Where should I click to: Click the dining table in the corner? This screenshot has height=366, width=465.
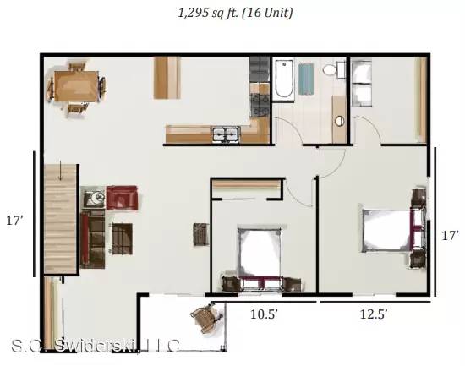point(76,86)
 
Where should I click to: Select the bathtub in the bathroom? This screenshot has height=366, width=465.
point(284,79)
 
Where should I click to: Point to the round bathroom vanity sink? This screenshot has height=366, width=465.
point(339,121)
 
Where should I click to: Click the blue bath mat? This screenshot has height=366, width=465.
point(306,79)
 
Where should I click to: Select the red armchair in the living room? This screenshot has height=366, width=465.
point(122,198)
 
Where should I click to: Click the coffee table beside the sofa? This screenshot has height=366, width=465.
point(123,238)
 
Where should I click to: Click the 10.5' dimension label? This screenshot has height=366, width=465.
point(264,314)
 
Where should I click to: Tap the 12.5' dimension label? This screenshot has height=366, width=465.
point(374,314)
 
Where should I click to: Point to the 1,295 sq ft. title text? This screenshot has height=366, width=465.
point(236,13)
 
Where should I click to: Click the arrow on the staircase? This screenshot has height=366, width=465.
point(61,171)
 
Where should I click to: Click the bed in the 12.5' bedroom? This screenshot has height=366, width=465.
point(386,231)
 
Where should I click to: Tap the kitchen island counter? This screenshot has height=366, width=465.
point(167,78)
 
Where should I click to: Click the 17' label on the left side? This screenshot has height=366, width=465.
point(14,221)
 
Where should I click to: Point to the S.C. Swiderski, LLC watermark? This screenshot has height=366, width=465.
point(96,346)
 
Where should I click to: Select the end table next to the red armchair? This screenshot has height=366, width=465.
point(94,197)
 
